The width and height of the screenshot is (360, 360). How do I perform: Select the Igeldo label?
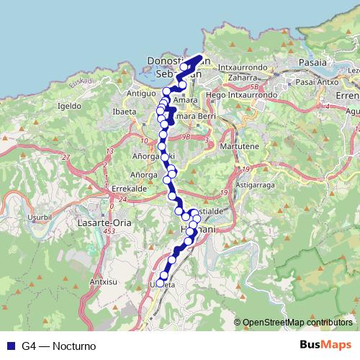click(68, 105)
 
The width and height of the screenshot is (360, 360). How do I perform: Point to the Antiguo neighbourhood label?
click(141, 94)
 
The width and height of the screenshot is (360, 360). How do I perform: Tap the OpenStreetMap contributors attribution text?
click(297, 323)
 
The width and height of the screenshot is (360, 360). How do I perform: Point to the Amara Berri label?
click(191, 116)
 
